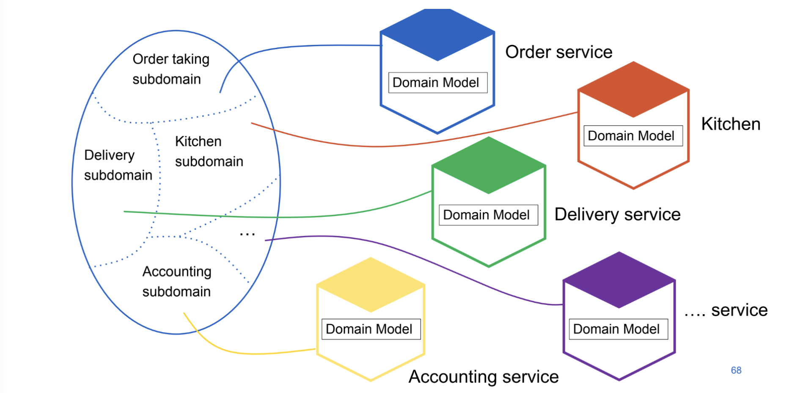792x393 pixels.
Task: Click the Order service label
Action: [x=558, y=52]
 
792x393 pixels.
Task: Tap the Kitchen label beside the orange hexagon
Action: [x=731, y=124]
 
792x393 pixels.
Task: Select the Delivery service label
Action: [x=617, y=214]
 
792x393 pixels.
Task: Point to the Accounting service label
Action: [x=484, y=376]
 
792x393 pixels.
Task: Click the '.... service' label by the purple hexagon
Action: [x=726, y=310]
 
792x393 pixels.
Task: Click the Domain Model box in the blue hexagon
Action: [x=437, y=83]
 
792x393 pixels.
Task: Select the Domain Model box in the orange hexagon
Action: [x=633, y=136]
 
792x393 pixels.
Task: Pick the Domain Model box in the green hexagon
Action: [x=488, y=215]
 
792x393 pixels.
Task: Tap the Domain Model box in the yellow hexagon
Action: [x=371, y=329]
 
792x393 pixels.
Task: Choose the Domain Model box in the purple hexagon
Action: [x=618, y=329]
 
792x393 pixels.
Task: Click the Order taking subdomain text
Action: [x=170, y=69]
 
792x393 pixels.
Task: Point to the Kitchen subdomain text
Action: [x=209, y=151]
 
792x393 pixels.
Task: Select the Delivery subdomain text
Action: [x=118, y=165]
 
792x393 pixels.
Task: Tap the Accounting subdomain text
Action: [x=177, y=282]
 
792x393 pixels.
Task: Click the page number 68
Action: [x=736, y=370]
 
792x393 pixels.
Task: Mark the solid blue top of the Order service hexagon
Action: [x=437, y=34]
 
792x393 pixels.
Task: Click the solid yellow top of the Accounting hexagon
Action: [x=371, y=285]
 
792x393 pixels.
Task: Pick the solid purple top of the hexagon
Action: [x=619, y=280]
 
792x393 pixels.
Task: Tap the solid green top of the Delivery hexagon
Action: [x=489, y=165]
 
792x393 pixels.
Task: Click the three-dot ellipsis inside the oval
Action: [x=247, y=233]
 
